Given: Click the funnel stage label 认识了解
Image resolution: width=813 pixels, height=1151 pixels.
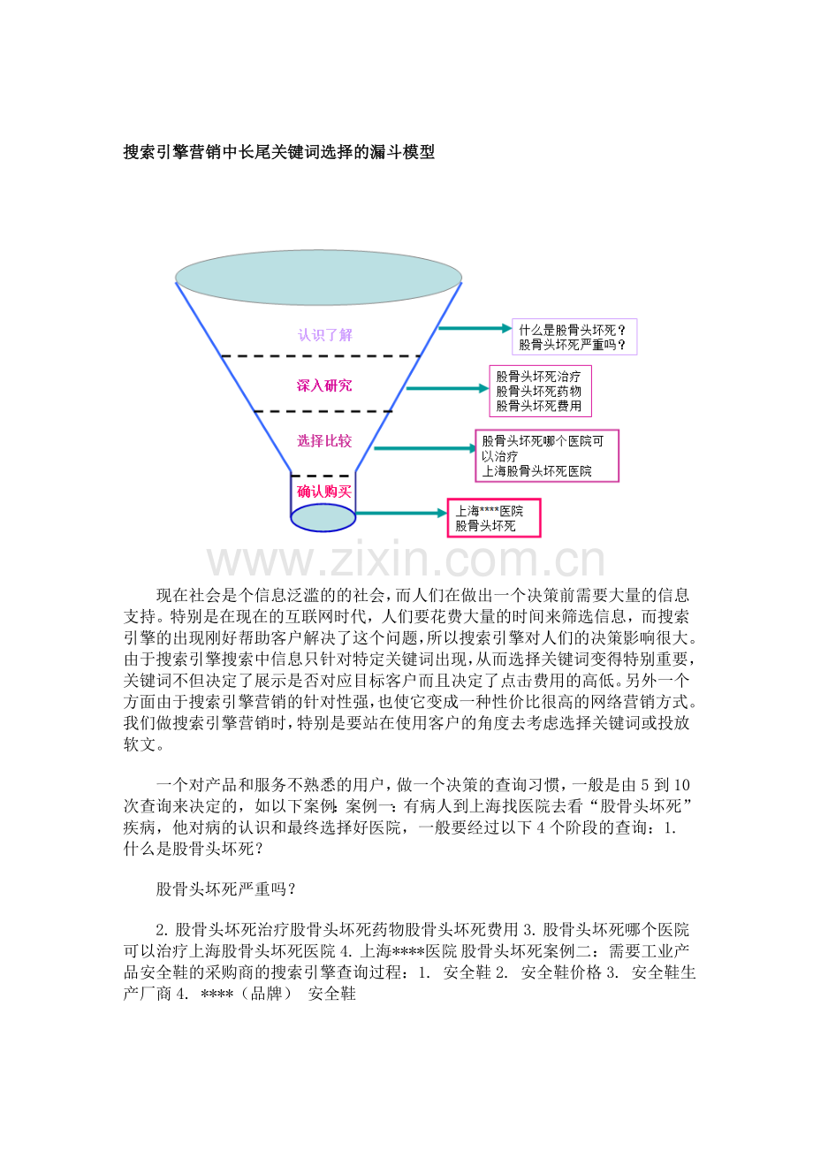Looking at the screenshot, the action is click(x=324, y=335).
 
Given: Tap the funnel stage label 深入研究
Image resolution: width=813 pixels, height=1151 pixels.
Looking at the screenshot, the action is click(x=324, y=385).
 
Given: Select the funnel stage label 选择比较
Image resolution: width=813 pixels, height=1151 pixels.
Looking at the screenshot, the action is click(x=324, y=441).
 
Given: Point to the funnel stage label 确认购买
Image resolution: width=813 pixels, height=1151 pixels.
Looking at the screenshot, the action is click(x=324, y=492).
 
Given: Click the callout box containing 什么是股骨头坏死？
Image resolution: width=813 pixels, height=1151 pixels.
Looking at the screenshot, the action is click(x=574, y=337).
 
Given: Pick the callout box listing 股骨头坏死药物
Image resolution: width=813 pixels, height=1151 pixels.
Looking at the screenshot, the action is click(x=540, y=391).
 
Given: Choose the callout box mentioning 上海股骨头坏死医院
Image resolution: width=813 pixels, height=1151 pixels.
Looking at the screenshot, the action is click(x=547, y=456).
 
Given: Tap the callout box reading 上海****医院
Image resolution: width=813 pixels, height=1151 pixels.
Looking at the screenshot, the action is click(x=494, y=518).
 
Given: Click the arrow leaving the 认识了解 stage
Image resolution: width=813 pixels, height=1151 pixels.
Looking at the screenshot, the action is click(x=475, y=328).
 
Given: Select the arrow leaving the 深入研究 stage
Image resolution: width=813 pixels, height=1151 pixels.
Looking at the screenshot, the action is click(x=447, y=388).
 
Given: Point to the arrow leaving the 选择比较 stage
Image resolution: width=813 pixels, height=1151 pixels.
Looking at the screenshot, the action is click(x=425, y=448).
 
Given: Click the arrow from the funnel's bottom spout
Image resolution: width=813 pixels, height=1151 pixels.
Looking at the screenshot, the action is click(x=401, y=513).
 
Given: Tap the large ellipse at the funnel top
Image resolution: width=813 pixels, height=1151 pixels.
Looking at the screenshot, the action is click(x=318, y=278).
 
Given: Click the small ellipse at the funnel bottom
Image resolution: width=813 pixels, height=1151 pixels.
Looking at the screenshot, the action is click(x=323, y=517).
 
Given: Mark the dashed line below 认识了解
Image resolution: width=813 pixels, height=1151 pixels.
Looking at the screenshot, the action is click(x=321, y=355).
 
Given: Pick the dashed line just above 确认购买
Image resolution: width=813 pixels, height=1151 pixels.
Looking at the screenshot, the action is click(x=323, y=476).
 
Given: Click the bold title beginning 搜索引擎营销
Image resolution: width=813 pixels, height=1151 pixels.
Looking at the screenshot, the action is click(x=279, y=152).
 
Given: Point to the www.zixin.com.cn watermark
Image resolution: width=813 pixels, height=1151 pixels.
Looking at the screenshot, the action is click(x=406, y=559).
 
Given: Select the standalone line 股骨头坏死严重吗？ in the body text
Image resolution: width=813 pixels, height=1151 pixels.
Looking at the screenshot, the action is click(x=226, y=889).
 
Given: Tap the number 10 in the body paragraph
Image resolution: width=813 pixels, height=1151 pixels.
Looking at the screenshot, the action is click(x=681, y=785).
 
